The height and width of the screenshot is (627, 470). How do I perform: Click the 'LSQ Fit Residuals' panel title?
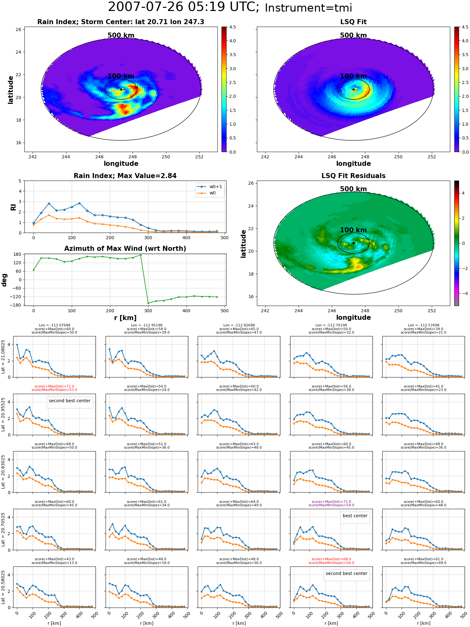click(x=353, y=176)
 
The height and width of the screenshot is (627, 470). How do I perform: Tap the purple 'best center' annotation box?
click(x=355, y=516)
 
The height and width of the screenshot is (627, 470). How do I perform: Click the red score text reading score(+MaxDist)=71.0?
click(x=55, y=386)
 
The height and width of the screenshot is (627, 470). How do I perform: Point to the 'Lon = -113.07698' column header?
click(x=55, y=325)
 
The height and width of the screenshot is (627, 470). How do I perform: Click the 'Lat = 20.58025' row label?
click(x=3, y=587)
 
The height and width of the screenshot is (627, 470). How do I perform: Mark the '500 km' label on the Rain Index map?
click(x=121, y=35)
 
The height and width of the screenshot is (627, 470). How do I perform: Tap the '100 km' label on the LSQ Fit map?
click(x=353, y=76)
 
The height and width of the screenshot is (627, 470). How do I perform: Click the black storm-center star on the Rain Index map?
click(x=121, y=89)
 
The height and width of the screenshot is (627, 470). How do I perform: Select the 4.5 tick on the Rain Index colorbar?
click(x=232, y=27)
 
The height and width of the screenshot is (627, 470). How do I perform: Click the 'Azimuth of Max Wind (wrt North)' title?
click(x=125, y=249)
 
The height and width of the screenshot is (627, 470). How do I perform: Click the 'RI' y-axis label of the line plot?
click(x=13, y=207)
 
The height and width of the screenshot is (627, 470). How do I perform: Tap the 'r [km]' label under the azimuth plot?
click(x=125, y=318)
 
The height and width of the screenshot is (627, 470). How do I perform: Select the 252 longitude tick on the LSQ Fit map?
click(x=432, y=157)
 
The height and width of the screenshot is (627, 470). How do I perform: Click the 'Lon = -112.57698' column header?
click(x=424, y=325)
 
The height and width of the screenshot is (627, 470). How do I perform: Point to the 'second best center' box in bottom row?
click(x=347, y=573)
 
